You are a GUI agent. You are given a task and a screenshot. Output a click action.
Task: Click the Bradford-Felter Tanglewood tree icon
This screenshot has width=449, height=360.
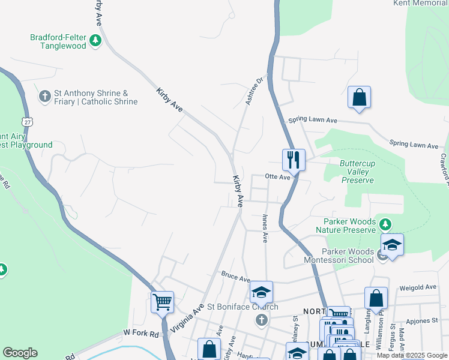click(95, 41)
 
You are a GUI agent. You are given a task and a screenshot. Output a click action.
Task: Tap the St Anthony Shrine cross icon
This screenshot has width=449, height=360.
click(44, 96)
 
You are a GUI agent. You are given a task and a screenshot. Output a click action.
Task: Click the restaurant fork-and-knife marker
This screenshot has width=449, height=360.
click(294, 160)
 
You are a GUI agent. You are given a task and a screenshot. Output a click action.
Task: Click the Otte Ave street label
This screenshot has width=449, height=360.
click(278, 177)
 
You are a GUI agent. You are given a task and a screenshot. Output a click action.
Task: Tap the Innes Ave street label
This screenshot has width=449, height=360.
click(264, 229)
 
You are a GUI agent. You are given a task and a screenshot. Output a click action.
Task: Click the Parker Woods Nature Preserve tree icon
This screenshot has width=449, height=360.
click(385, 225)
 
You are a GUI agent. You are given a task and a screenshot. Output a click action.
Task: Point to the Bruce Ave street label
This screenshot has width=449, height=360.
click(235, 279)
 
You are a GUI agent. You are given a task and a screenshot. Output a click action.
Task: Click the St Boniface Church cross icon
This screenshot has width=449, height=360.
click(261, 319)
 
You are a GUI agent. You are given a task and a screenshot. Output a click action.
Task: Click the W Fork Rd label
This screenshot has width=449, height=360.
click(141, 332)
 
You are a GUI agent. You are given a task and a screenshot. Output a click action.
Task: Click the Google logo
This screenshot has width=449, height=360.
click(20, 353)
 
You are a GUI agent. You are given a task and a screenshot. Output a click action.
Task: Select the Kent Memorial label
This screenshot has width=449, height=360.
click(421, 3)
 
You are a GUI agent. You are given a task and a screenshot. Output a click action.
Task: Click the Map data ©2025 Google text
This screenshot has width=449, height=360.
click(412, 355)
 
